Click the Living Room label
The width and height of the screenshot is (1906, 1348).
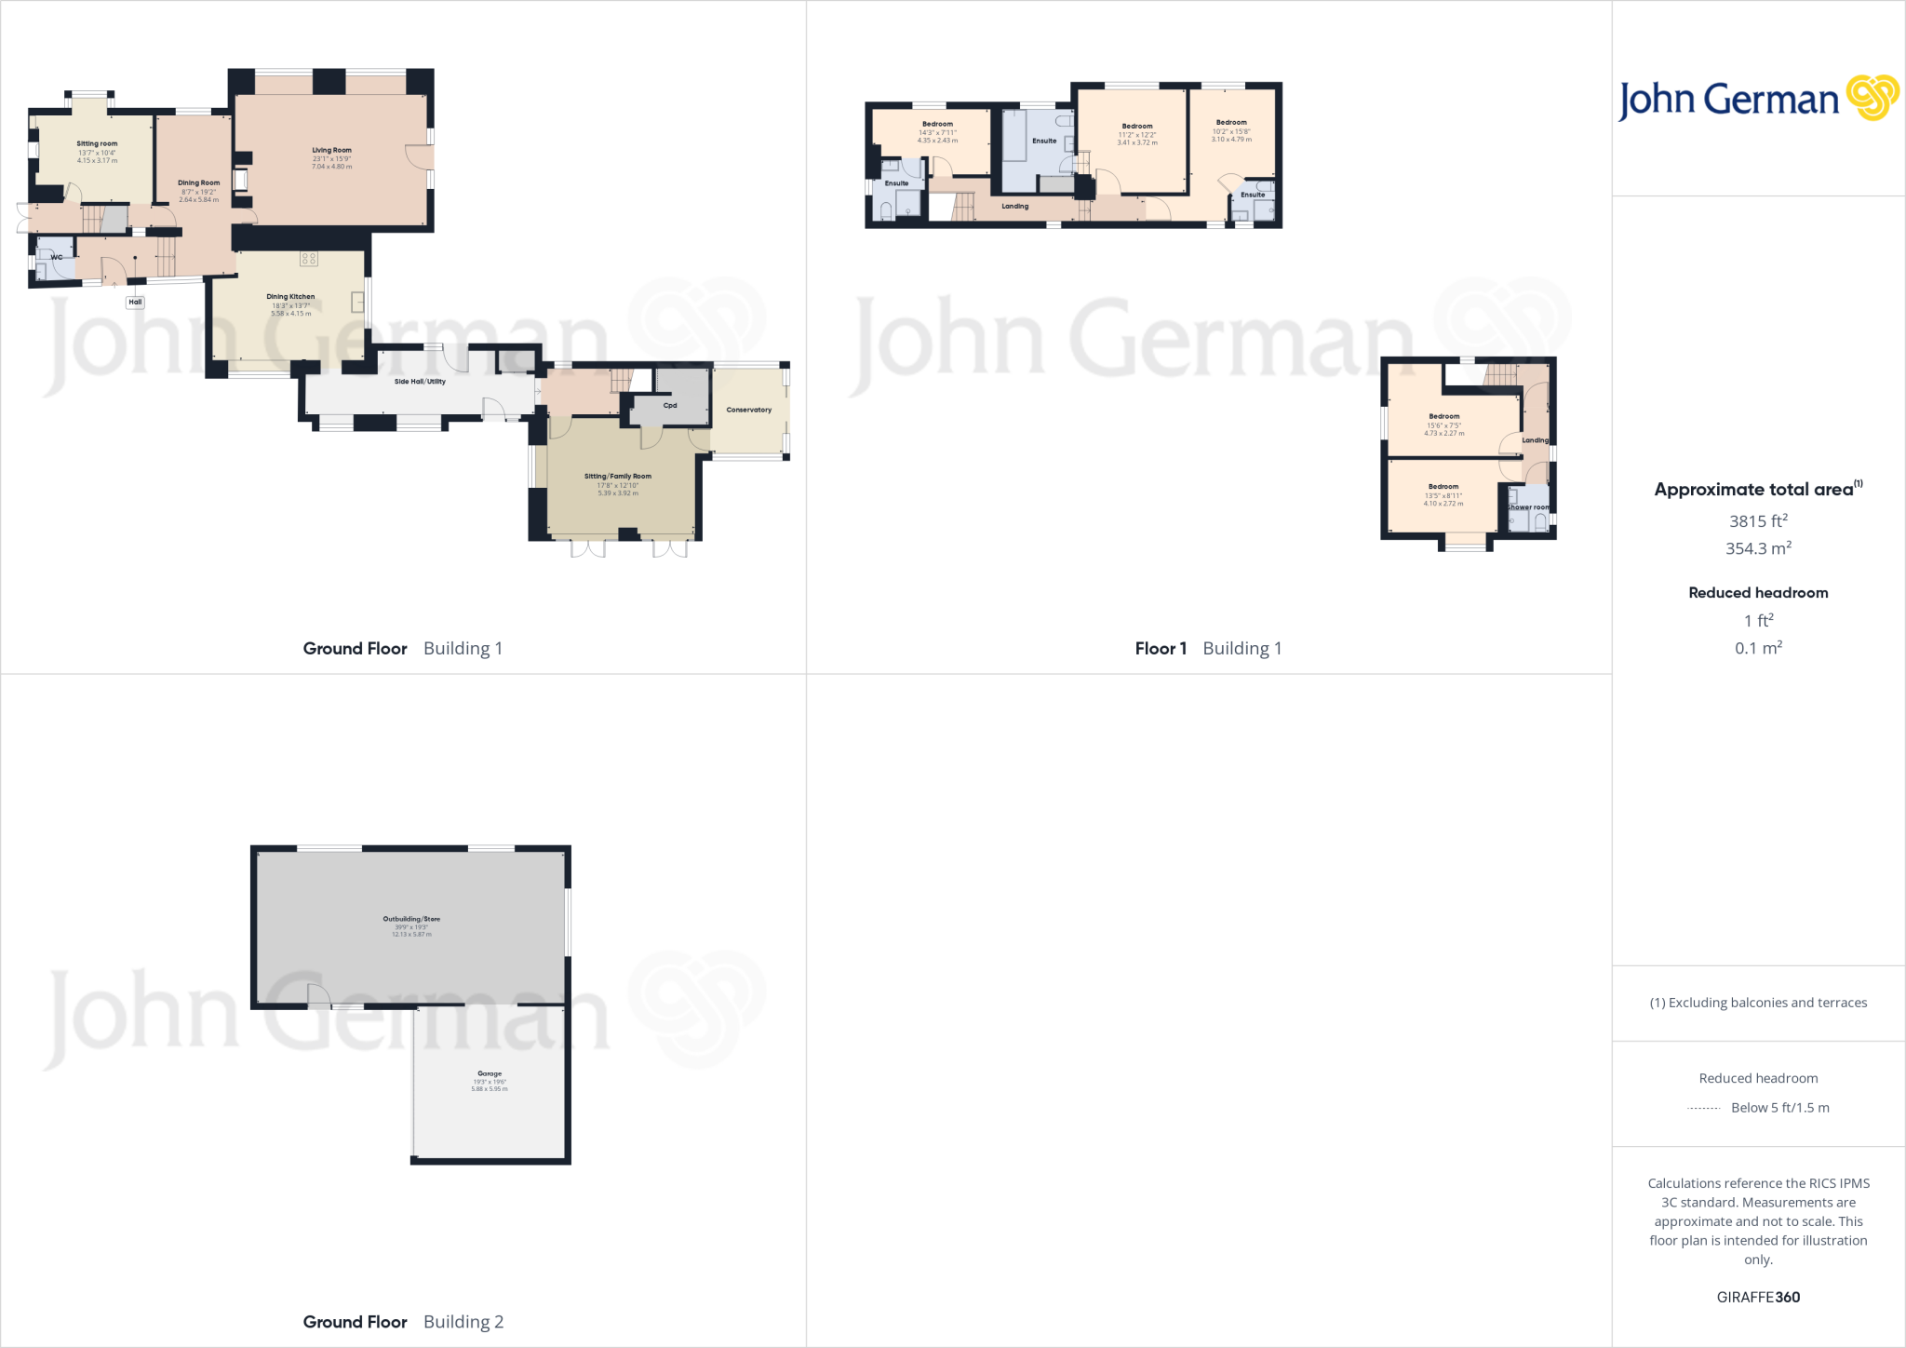331,150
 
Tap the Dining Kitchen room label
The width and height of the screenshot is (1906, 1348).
290,297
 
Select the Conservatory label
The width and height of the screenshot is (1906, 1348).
748,410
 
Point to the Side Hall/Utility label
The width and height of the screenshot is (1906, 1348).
420,382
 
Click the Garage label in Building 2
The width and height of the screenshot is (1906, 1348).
490,1073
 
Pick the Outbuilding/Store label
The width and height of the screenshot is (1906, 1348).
411,919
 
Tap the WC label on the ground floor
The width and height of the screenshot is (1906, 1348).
57,257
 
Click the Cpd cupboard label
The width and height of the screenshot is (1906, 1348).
670,406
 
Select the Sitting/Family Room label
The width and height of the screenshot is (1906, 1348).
618,477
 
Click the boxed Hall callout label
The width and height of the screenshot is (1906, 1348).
135,302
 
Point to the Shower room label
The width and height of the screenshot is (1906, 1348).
1529,507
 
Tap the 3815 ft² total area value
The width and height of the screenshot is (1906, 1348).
1758,521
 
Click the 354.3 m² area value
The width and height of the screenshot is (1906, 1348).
1758,549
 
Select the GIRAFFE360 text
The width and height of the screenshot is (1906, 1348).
1758,1297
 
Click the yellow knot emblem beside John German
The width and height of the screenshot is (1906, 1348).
1872,98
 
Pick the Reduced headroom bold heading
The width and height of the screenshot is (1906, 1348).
1758,593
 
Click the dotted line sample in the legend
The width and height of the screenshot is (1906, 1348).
1703,1108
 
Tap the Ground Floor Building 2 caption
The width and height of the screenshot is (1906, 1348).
403,1322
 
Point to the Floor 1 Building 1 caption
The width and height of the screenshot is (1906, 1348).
1208,649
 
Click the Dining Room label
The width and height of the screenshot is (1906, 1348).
199,183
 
